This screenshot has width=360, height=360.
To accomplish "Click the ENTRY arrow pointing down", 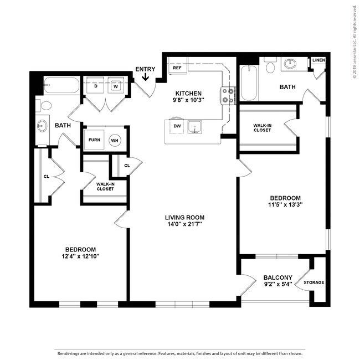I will click(146, 77).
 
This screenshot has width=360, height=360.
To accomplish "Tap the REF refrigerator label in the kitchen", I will click(177, 68).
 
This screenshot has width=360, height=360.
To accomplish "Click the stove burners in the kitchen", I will click(228, 96).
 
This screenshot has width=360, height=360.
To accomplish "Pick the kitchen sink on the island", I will click(194, 127).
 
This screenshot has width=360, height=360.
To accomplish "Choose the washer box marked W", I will click(116, 86).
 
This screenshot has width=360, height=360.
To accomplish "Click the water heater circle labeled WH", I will click(115, 140).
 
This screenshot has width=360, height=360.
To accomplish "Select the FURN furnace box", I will click(94, 140).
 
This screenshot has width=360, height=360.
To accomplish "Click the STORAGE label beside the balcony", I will click(313, 282).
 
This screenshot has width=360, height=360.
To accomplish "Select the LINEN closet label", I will click(318, 60).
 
